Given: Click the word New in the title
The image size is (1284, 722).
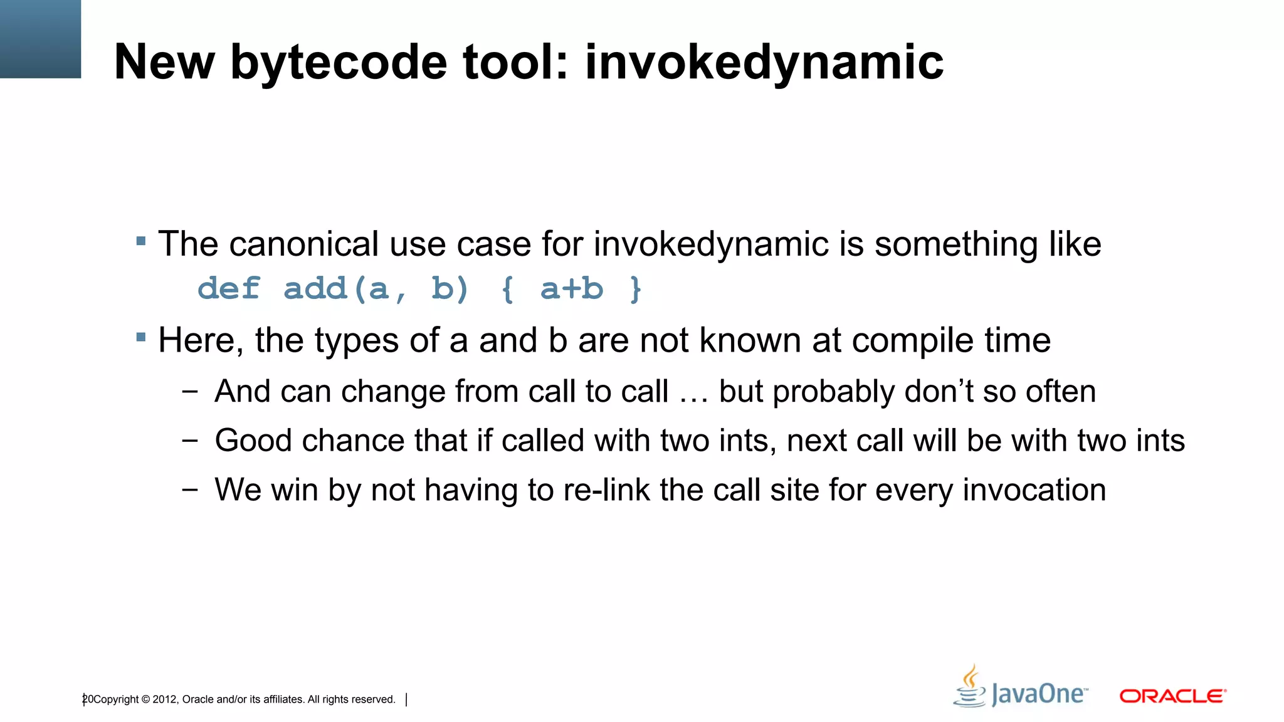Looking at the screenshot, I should pos(164,62).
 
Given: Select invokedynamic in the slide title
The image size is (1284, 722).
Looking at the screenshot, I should pos(764,63).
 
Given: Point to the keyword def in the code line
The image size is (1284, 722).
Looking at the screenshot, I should pos(229,289).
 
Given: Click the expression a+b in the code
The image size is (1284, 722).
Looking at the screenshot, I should pos(571,289).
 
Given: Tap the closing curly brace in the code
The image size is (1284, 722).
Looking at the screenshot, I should pos(636,290).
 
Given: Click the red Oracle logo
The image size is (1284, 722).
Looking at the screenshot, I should pos(1172,696).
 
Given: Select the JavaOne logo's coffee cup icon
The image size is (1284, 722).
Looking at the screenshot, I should pos(970,687).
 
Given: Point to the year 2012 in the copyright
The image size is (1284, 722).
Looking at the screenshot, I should pos(165,699).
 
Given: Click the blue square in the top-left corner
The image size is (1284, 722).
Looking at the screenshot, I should pos(40,39).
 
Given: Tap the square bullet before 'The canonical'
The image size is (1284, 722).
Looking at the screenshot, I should pos(141,241).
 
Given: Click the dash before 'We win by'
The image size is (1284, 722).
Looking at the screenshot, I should pos(189,489).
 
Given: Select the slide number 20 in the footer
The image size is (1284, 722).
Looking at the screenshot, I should pos(88,699).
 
